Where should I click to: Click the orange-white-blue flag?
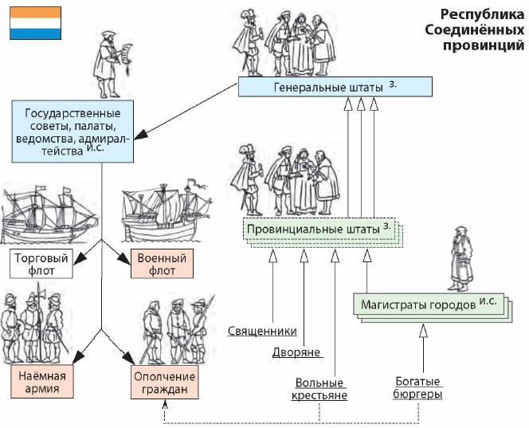(x=35, y=22)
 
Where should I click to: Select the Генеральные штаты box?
(x=335, y=86)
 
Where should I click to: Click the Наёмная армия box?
(x=42, y=383)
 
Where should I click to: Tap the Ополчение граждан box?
(x=165, y=383)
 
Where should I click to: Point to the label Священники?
(x=262, y=331)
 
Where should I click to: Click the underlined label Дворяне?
(x=296, y=351)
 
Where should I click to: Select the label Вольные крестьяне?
(x=321, y=388)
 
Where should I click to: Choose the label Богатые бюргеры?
(x=418, y=388)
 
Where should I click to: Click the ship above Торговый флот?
(x=49, y=215)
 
